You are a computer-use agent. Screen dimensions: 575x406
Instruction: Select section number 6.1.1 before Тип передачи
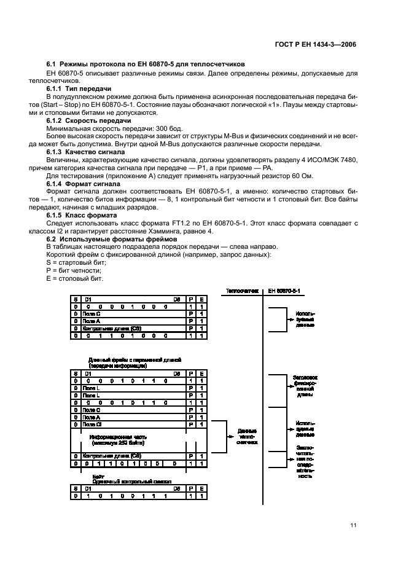click(58, 89)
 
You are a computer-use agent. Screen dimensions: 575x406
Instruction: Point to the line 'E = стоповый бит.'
click(72, 280)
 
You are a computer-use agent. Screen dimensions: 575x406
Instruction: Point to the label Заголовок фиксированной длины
click(305, 388)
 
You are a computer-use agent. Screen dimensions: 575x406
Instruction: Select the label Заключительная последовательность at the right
click(305, 461)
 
